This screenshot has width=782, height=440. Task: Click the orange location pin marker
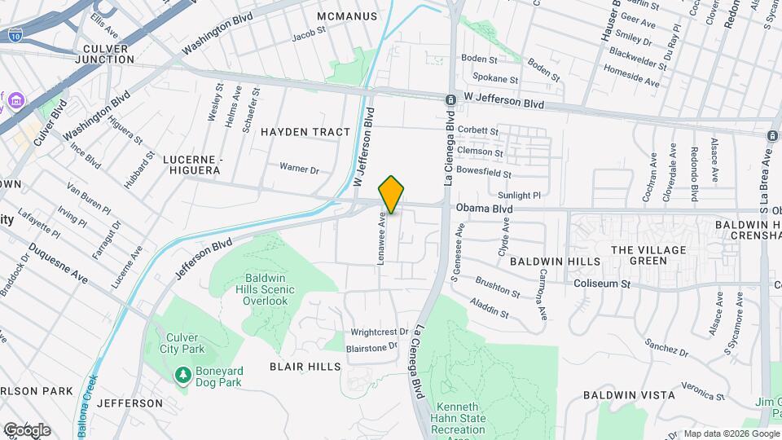(391, 194)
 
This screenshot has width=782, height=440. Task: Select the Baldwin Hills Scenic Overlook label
(266, 289)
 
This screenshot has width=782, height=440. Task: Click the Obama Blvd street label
(485, 209)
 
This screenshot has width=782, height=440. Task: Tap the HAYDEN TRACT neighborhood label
(305, 132)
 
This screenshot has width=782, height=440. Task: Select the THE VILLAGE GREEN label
(649, 255)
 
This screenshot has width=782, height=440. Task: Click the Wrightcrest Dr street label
(379, 332)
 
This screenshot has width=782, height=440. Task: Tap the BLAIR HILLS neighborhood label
(305, 367)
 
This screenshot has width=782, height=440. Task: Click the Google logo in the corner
(27, 429)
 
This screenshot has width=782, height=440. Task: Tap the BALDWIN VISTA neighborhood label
(629, 395)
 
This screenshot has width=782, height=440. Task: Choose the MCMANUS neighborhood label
(346, 16)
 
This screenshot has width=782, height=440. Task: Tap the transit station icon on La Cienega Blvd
(450, 99)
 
